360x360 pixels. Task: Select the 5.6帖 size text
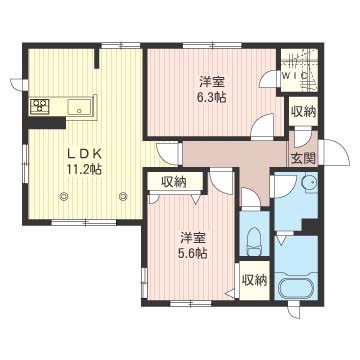(193, 255)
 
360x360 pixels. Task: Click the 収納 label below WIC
(302, 112)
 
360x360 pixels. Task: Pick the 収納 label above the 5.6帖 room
(173, 182)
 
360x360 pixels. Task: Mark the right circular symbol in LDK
(123, 196)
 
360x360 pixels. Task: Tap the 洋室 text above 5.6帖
(193, 238)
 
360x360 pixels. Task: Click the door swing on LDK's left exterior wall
(17, 84)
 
